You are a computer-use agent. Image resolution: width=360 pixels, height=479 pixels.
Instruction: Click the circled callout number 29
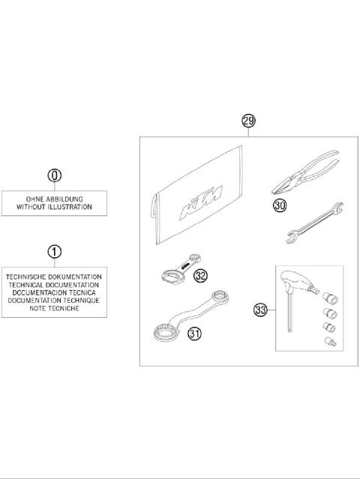coord(249,120)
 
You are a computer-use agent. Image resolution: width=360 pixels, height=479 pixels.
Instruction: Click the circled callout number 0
coord(54,175)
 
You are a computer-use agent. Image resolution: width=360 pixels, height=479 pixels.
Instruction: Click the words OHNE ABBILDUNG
coord(54,198)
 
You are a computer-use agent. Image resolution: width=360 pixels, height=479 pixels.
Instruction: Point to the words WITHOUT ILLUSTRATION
coord(54,206)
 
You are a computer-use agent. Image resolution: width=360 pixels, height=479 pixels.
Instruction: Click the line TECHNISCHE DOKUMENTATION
coord(54,276)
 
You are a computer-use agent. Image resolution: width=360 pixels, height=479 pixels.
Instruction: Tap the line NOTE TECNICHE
coord(54,307)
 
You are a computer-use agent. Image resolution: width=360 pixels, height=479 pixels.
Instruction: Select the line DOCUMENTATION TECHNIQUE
coord(54,299)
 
